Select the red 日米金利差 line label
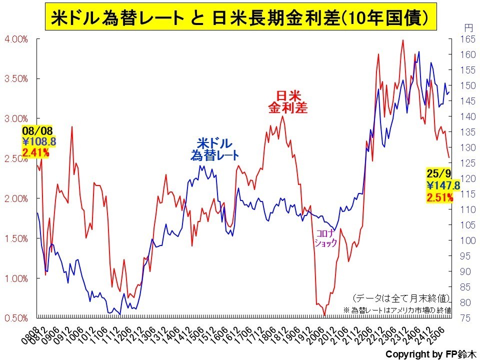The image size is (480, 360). [287, 101]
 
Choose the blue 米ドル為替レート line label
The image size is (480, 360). [214, 149]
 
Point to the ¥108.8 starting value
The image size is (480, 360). [38, 142]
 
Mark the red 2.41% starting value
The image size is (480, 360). [35, 152]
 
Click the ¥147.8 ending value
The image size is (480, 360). [443, 185]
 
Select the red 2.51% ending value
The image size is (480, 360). [440, 196]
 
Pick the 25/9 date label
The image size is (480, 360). [439, 173]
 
